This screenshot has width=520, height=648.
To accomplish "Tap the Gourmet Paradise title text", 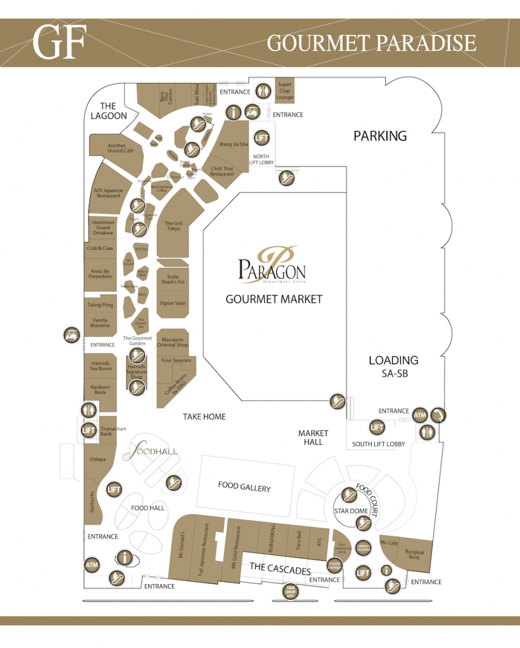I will coord(371,42).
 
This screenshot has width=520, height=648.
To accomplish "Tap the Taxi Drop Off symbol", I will coord(291,592).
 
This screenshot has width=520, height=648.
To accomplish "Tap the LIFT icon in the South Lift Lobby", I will coord(377,428).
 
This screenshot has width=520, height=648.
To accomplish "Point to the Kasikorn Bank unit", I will coord(100,389).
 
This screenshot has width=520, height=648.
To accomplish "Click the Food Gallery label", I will coord(244,487).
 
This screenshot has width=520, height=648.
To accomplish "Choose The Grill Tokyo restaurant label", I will coord(174,226).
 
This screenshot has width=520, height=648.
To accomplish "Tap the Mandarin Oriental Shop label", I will coord(173,342).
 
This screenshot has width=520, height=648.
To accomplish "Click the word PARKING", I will coord(380,135).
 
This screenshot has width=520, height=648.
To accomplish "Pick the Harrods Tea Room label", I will coord(100,366).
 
